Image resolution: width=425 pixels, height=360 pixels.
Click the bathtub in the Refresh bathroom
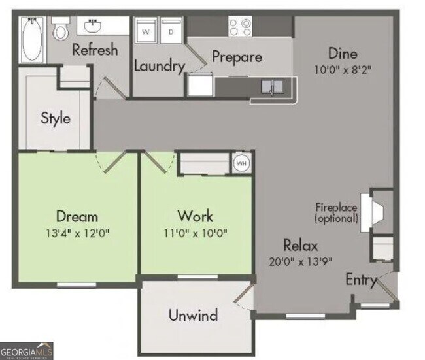point(33,40)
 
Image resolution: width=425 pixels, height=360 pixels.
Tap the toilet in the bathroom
point(60,28)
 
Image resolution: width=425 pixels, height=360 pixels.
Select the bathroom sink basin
point(92,26)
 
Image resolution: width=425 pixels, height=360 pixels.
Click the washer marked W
point(146,31)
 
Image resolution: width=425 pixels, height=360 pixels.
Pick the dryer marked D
point(171,31)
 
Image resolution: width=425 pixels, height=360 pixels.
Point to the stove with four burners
point(240,26)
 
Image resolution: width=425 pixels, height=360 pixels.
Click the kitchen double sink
point(273,87)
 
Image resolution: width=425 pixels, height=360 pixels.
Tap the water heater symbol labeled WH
point(241,163)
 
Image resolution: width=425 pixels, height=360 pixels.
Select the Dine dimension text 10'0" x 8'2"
point(343,70)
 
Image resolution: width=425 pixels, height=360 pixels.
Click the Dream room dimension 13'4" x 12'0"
point(77,233)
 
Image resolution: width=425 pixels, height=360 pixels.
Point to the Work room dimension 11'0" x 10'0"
point(195,233)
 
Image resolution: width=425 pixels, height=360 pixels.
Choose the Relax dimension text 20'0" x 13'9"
point(301,261)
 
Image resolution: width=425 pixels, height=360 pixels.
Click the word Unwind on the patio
point(194,315)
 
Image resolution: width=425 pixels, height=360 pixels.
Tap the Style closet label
point(56,119)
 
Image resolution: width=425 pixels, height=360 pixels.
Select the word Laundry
point(160,66)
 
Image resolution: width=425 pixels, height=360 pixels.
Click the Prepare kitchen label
point(237,57)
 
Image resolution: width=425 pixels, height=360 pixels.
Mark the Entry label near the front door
point(362,280)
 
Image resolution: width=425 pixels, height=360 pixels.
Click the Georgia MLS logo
point(26,352)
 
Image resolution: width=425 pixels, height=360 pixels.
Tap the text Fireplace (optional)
point(336,213)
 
